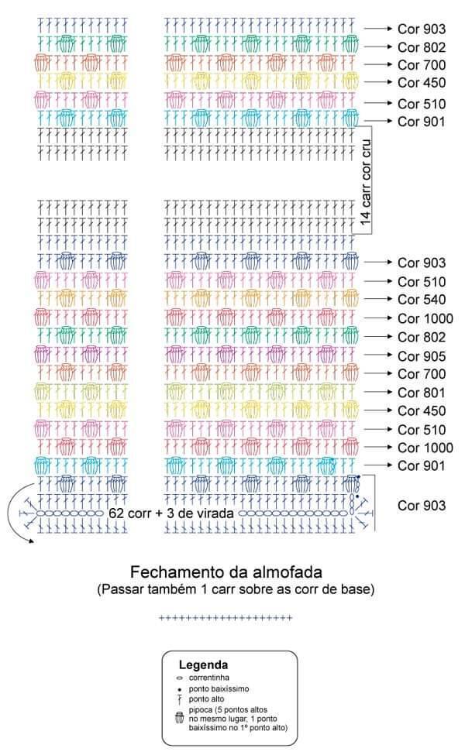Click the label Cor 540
point(422,300)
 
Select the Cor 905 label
point(422,356)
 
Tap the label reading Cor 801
point(422,393)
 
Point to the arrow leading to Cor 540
point(379,298)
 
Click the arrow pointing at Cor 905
point(379,355)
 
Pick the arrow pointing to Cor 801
point(379,392)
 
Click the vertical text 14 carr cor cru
point(366,182)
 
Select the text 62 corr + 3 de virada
point(170,513)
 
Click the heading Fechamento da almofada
point(226,572)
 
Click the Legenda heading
point(203,665)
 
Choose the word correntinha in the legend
point(208,678)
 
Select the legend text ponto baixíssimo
point(219,688)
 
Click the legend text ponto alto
point(206,699)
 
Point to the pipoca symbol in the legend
point(180,718)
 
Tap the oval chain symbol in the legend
point(180,678)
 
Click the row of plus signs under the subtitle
point(226,618)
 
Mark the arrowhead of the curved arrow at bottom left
point(31,541)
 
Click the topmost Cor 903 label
point(422,29)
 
